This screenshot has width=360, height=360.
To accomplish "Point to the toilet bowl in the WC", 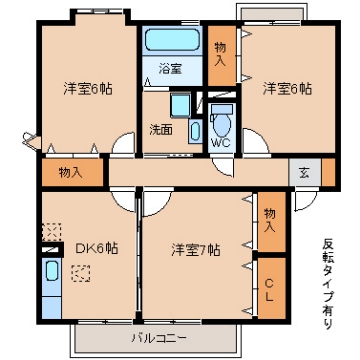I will point(222,124).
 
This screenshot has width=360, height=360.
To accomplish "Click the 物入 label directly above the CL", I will point(269,216).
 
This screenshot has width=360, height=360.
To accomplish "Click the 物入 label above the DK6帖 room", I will point(71,172).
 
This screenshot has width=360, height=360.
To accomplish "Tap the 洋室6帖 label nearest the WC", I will point(286,88).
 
